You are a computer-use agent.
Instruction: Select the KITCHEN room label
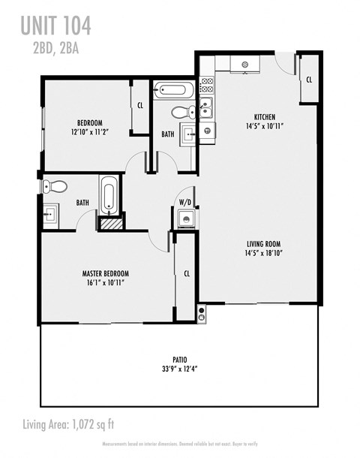[x=263, y=117]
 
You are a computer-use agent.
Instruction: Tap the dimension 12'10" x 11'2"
[x=89, y=131]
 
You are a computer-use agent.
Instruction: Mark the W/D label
[x=184, y=203]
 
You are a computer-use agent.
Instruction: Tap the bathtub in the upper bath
[x=173, y=91]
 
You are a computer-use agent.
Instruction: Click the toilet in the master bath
[x=56, y=186]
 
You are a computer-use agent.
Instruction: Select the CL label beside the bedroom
[x=140, y=106]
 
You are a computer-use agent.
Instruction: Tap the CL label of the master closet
[x=186, y=274]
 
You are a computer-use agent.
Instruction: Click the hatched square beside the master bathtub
[x=110, y=222]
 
